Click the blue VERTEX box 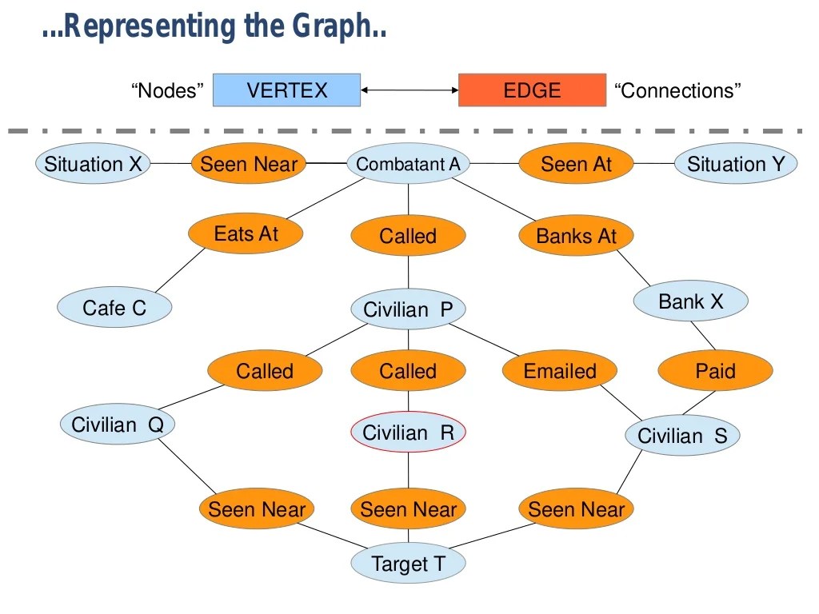286,90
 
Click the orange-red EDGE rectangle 532,90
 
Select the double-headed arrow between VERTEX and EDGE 409,90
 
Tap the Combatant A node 409,164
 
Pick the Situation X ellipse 93,164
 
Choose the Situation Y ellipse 736,164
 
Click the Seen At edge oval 576,164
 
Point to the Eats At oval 246,233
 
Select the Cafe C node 114,308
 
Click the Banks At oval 576,236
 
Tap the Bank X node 690,301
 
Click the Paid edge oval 715,371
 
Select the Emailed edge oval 560,371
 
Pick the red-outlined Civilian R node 408,433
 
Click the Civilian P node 408,309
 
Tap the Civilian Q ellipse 118,424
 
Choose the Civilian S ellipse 682,436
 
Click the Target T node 408,564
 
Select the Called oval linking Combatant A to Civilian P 408,236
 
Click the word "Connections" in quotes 677,90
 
